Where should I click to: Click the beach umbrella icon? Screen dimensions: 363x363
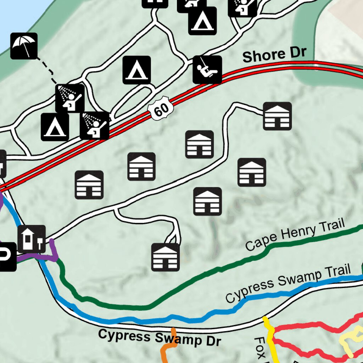click(x=24, y=46)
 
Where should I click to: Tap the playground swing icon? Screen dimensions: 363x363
click(x=207, y=69)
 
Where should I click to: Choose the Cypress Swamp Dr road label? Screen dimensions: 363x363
click(x=160, y=337)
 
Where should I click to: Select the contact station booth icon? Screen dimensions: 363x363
click(x=32, y=239)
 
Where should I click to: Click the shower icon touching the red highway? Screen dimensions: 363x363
click(x=95, y=125)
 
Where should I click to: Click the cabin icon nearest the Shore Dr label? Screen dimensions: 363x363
click(x=277, y=116)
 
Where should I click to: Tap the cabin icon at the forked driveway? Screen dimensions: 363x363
click(x=166, y=257)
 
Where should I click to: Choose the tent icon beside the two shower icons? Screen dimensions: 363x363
click(x=55, y=127)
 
